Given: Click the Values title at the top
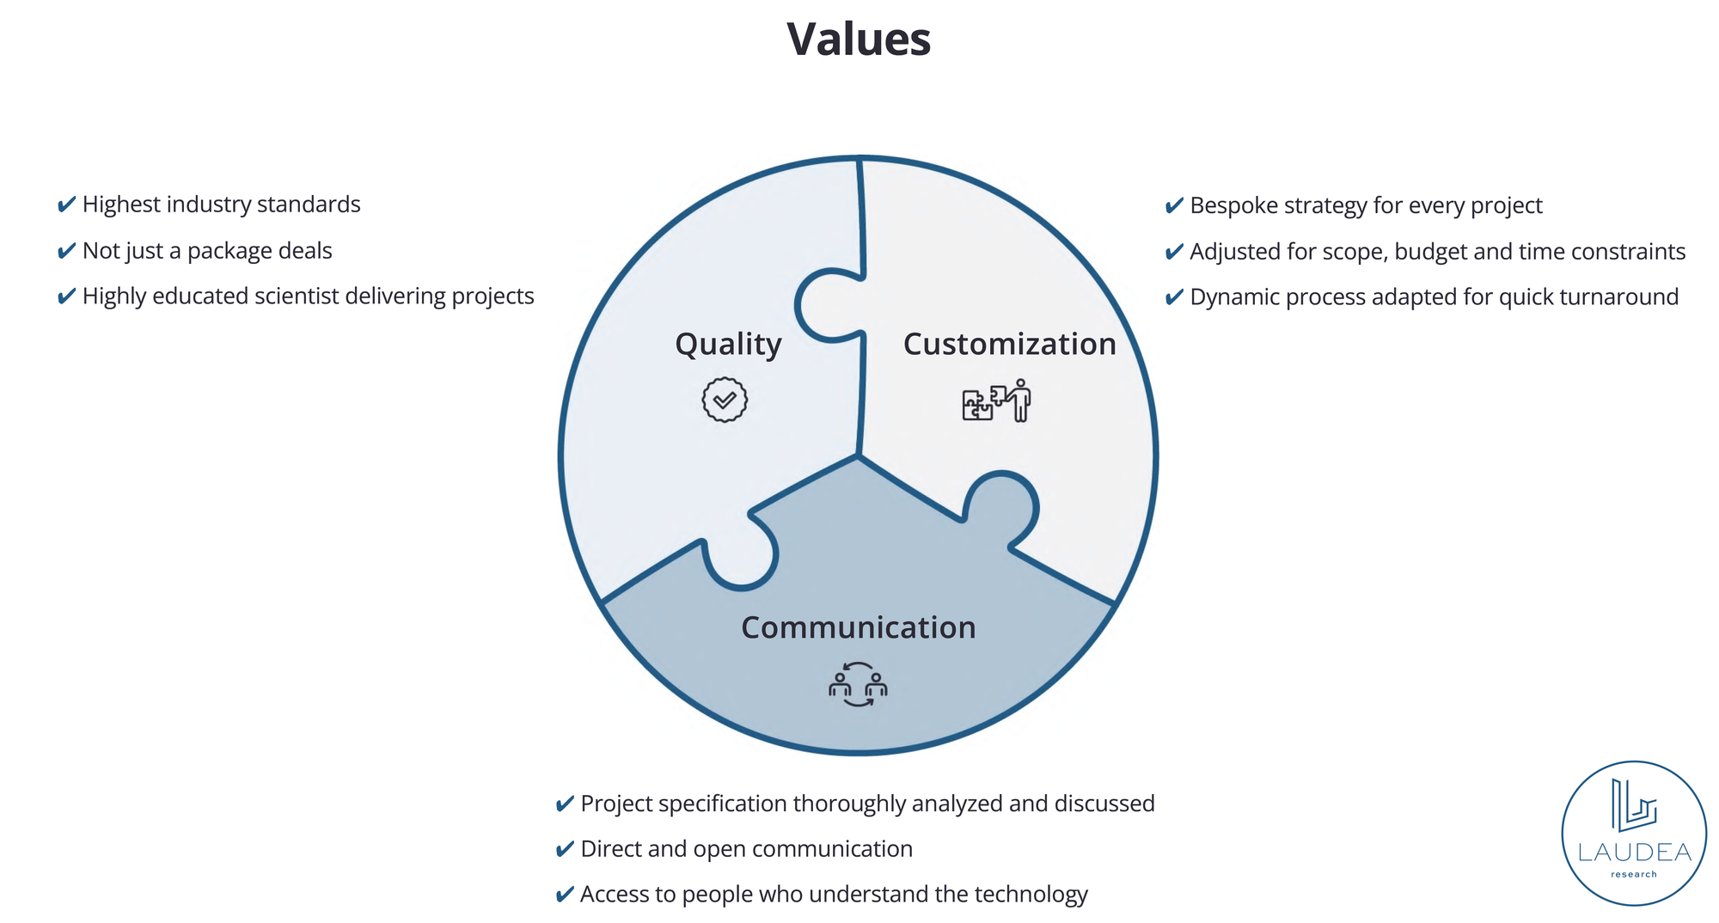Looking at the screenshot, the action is [859, 40].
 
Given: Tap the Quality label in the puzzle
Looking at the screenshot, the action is [728, 345].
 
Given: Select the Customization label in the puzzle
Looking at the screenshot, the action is [1009, 345].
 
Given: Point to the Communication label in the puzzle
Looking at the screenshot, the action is [858, 628].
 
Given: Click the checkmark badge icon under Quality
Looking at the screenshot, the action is [725, 400].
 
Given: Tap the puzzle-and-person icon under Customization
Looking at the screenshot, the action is [996, 400].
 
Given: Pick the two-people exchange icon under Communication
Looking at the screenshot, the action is [858, 685].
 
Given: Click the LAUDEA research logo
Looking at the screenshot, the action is [1633, 833].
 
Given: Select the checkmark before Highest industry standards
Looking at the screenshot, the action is [65, 205].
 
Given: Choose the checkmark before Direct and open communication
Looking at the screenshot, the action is [564, 849].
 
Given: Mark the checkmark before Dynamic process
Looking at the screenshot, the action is [1173, 297].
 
